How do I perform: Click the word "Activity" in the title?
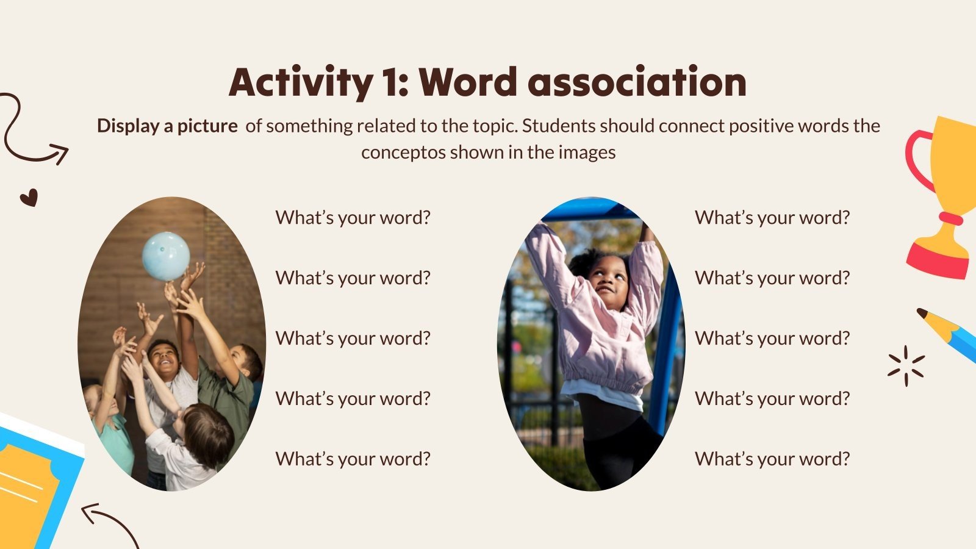(297, 82)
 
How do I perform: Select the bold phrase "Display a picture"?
(167, 126)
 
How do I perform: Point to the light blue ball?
(165, 256)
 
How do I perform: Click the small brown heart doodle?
(29, 197)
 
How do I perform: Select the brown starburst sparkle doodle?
(906, 366)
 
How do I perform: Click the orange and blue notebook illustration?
(34, 482)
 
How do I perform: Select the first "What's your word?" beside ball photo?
(353, 218)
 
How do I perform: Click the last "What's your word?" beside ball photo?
(353, 459)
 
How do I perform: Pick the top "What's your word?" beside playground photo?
(772, 218)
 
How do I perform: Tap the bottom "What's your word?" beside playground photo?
(772, 459)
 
